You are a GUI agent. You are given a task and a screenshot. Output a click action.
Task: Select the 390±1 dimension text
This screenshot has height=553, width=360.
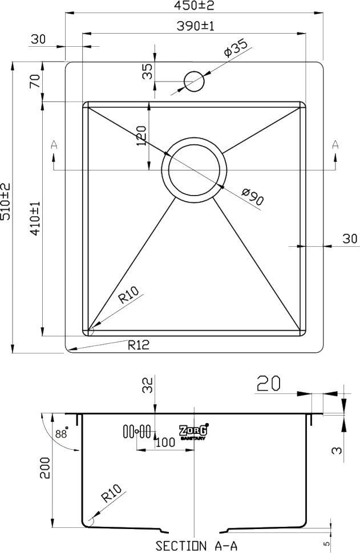pos(195,26)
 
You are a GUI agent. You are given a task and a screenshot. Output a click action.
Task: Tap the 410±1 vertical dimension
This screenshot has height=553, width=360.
pos(35,219)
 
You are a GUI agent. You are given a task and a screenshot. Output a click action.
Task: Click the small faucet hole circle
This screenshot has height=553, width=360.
pos(194,81)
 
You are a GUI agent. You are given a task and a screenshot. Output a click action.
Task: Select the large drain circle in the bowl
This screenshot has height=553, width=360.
pos(195,169)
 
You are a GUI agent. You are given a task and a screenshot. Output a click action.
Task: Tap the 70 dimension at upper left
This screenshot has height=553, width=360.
pos(35,81)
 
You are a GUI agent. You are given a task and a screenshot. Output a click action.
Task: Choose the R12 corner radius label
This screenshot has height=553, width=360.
pos(138,345)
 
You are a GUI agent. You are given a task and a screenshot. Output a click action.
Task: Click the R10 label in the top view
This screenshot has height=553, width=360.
pos(128,296)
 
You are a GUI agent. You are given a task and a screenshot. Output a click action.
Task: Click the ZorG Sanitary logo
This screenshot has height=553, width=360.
pos(193,432)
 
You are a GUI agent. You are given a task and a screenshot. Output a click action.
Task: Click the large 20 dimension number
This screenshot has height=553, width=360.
pos(268,384)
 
